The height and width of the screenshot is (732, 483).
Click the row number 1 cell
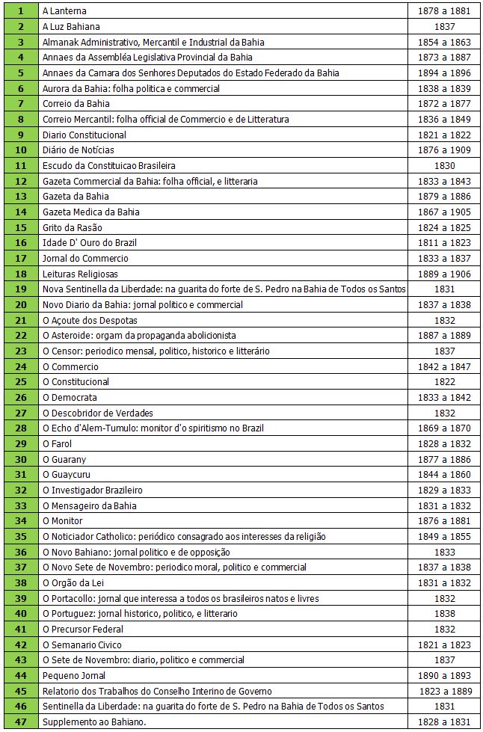(20, 11)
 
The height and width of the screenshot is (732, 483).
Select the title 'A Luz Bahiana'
(72, 27)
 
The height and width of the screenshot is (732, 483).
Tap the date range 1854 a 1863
(444, 42)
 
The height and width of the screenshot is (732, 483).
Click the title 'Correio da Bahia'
(76, 104)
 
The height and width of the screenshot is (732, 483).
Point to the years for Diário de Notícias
(444, 150)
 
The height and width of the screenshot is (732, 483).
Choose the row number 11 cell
(20, 166)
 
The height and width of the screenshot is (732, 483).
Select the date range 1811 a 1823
(444, 243)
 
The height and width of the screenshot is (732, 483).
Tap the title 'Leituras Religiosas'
(80, 274)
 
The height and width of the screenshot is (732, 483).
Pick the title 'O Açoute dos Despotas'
(90, 320)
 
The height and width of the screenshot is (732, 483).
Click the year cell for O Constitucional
(444, 382)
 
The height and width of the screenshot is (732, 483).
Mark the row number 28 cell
(20, 428)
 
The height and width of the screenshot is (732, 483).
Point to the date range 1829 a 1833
(444, 490)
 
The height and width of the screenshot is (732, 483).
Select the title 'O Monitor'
(63, 521)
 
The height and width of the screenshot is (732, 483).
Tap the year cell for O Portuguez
(444, 614)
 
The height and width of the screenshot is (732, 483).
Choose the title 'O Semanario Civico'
(81, 645)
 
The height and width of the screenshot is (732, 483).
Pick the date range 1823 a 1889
(444, 691)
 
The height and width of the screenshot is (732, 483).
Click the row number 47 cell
(20, 722)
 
